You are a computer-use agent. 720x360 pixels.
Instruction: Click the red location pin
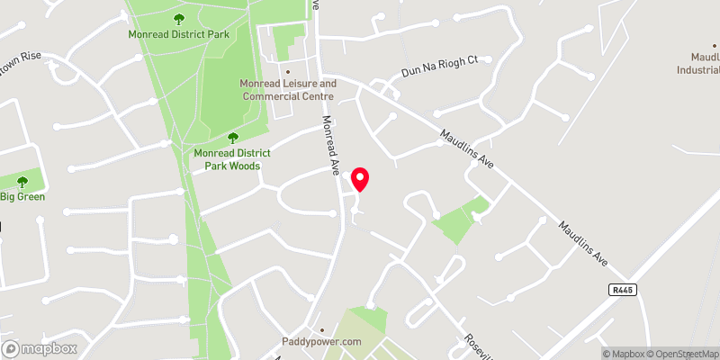click(361, 179)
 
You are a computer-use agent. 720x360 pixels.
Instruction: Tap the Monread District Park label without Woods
click(178, 34)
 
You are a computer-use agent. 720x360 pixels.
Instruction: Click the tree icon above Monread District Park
click(178, 18)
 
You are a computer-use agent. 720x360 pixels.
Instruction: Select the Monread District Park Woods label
click(228, 159)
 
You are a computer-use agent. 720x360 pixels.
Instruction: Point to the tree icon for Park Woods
click(233, 138)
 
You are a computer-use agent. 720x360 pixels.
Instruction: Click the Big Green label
click(22, 196)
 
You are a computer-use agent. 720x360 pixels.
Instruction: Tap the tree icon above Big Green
click(22, 181)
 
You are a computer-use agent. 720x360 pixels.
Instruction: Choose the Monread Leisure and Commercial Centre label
click(287, 90)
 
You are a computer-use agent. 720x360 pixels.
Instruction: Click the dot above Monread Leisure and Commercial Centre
click(287, 72)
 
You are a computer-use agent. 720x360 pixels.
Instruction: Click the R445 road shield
click(622, 290)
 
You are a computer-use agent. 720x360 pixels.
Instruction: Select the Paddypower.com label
click(321, 342)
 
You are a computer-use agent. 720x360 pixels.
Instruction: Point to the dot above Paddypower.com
click(321, 329)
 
